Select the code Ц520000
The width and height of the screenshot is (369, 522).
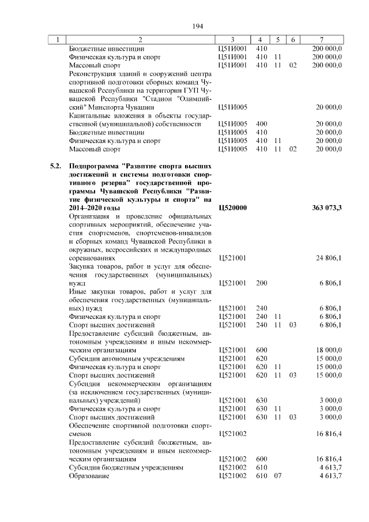[234, 207]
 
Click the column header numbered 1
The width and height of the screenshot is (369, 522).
[57, 40]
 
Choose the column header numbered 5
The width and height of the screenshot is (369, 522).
[277, 40]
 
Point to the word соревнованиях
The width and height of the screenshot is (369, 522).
[92, 258]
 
